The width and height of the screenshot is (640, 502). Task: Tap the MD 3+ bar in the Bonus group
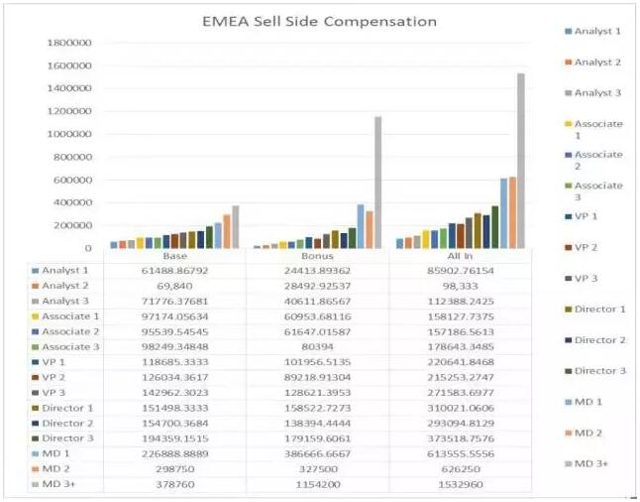tap(377, 183)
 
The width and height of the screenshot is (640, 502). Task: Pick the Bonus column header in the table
tap(319, 256)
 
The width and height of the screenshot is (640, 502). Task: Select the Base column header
tap(174, 256)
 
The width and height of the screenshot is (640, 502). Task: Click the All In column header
tap(464, 256)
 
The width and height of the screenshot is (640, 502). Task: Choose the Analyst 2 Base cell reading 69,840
tap(174, 286)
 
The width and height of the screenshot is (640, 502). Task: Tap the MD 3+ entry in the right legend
tap(595, 464)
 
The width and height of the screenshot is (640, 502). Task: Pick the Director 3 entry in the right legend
tap(599, 371)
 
